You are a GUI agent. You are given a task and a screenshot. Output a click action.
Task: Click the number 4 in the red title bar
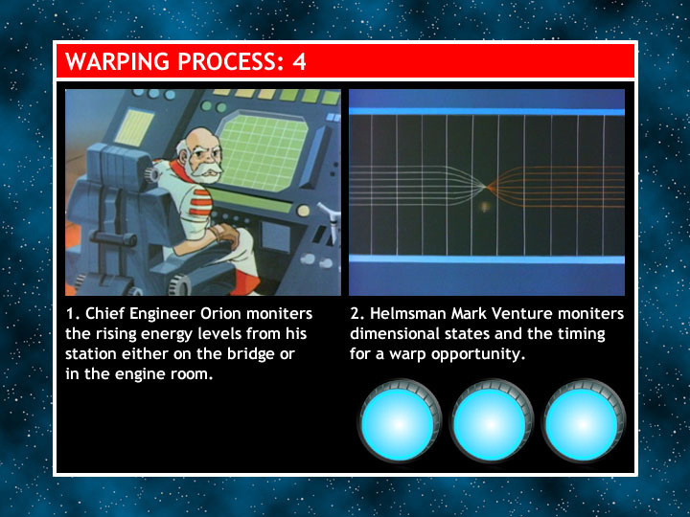click(299, 61)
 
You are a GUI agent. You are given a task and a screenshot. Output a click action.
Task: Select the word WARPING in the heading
click(118, 61)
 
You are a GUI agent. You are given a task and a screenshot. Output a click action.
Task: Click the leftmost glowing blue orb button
click(400, 422)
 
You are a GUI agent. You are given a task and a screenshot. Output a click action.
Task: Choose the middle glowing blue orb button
click(492, 422)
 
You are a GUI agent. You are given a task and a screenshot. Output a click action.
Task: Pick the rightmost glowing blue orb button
click(584, 422)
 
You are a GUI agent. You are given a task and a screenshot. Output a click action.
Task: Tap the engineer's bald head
click(199, 140)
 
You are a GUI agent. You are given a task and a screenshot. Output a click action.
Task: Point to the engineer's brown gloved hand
click(227, 234)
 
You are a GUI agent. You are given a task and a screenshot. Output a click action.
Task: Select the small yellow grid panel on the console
click(134, 127)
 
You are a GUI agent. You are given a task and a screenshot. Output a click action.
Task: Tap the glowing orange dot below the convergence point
click(485, 206)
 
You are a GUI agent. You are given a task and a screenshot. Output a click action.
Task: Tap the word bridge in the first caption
click(251, 354)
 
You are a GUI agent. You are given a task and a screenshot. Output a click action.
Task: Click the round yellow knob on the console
click(303, 211)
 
